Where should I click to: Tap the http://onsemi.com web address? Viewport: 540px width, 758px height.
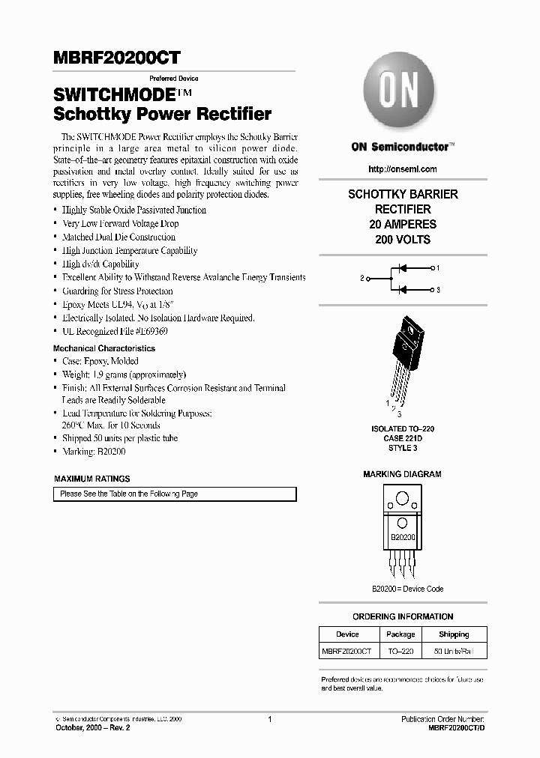(x=403, y=169)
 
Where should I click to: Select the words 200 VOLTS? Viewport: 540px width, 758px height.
(x=403, y=240)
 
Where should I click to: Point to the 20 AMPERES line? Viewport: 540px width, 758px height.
(x=403, y=225)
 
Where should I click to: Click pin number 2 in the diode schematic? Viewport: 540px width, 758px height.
(x=362, y=278)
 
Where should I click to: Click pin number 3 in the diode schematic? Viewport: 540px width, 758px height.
(x=437, y=289)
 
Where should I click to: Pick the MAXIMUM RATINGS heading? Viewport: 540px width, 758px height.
(x=92, y=479)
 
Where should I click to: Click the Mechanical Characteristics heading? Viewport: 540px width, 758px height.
(x=104, y=348)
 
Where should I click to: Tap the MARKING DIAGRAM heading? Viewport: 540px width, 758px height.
(x=403, y=474)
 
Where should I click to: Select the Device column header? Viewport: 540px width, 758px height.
(x=347, y=634)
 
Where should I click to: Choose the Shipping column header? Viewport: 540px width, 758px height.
(x=454, y=634)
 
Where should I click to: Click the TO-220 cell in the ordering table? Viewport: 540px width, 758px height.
(x=400, y=652)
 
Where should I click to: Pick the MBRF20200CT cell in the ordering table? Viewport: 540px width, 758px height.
(x=346, y=652)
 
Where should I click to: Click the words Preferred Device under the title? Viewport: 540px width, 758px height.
(x=174, y=78)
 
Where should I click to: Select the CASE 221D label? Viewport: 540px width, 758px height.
(x=403, y=438)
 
